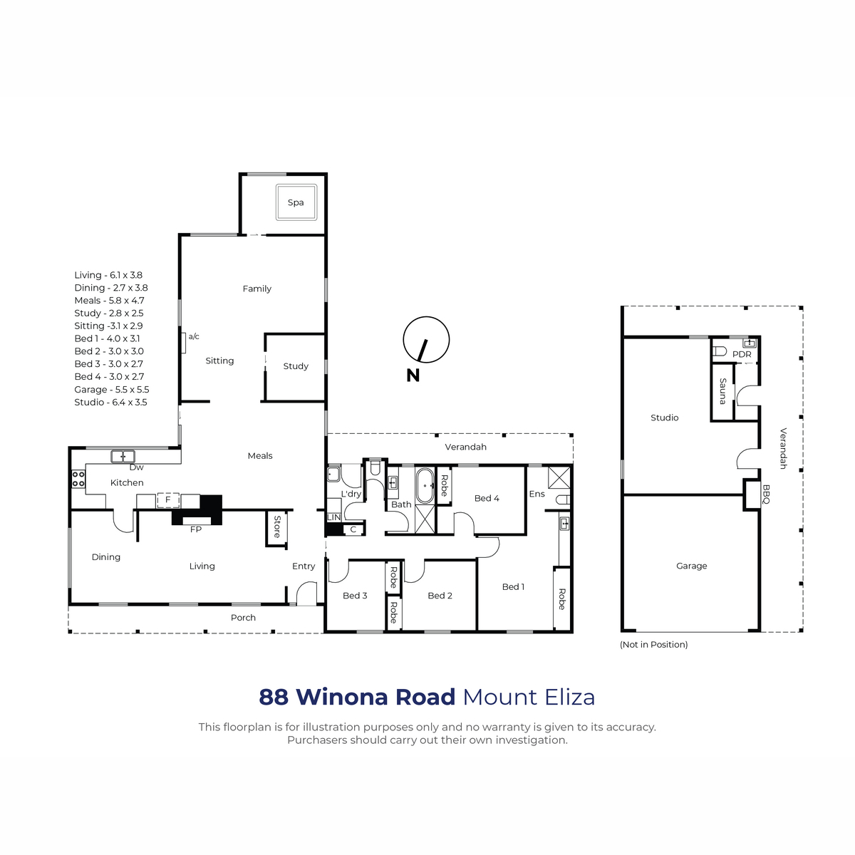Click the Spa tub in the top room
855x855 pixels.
coord(296,202)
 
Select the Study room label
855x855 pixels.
coord(296,366)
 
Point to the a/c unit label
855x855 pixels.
coord(194,336)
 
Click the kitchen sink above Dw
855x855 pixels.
coord(123,456)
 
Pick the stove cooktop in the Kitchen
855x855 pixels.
coord(78,480)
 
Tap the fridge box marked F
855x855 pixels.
coord(168,500)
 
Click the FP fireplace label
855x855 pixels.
coord(196,529)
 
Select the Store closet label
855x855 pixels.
coord(277,527)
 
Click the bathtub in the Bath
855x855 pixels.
coord(425,486)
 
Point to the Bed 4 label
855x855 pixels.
coord(487,498)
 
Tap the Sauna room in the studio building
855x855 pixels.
coord(722,391)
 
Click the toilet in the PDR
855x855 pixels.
coord(720,351)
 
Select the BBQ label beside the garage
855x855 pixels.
coord(766,494)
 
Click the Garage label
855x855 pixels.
coord(691,566)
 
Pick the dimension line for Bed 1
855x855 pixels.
coord(107,338)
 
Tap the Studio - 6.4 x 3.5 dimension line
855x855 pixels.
coord(110,403)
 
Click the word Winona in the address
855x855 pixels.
coord(375,697)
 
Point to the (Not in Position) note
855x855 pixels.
coord(653,645)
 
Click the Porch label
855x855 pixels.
coord(243,618)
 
